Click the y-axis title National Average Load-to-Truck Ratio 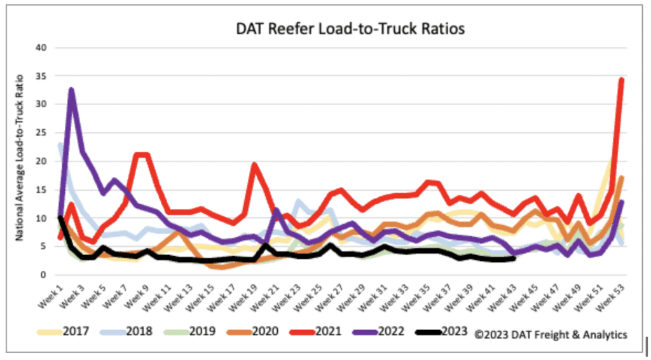click(20, 163)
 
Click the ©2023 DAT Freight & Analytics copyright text click(550, 333)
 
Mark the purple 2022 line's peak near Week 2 click(71, 90)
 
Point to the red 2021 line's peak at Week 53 click(621, 80)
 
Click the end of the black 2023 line click(513, 258)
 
